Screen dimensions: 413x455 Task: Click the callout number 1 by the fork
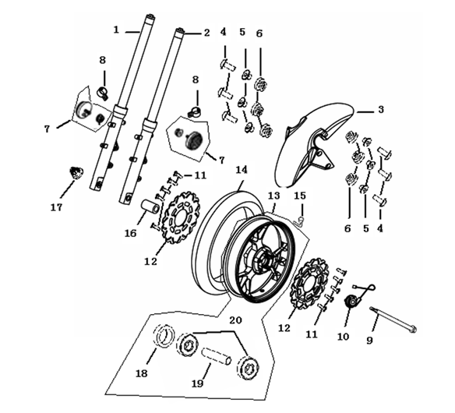coord(116,30)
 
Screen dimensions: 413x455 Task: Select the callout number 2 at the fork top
coord(207,33)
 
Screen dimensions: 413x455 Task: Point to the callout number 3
coord(380,110)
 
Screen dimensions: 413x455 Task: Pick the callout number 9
coord(370,341)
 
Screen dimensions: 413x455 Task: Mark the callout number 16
coord(131,233)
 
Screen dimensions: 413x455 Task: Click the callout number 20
coord(235,319)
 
